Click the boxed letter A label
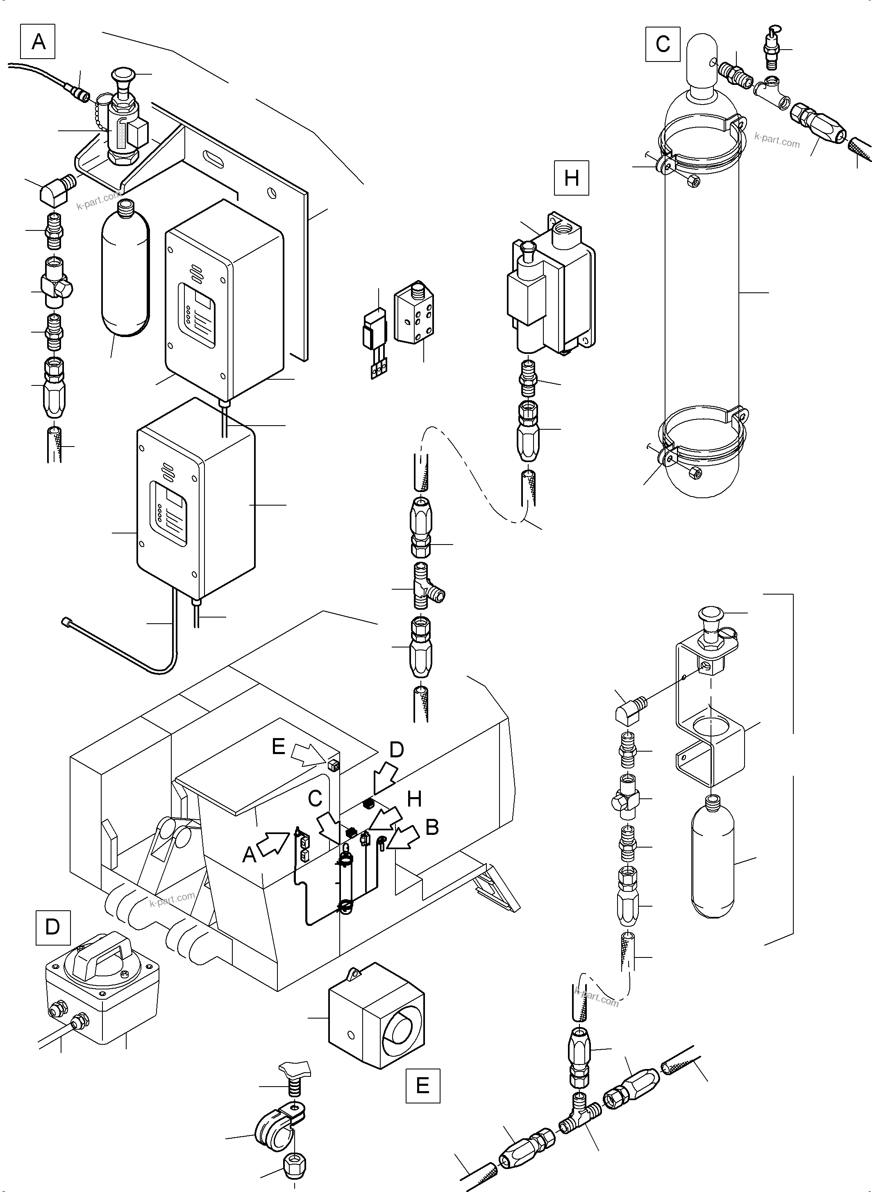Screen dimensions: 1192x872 click(38, 41)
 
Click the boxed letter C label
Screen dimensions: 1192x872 click(663, 44)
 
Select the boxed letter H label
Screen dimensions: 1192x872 click(571, 178)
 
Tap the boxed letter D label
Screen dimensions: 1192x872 click(53, 927)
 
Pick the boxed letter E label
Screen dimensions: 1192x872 click(422, 1085)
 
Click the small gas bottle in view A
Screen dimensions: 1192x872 click(125, 269)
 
